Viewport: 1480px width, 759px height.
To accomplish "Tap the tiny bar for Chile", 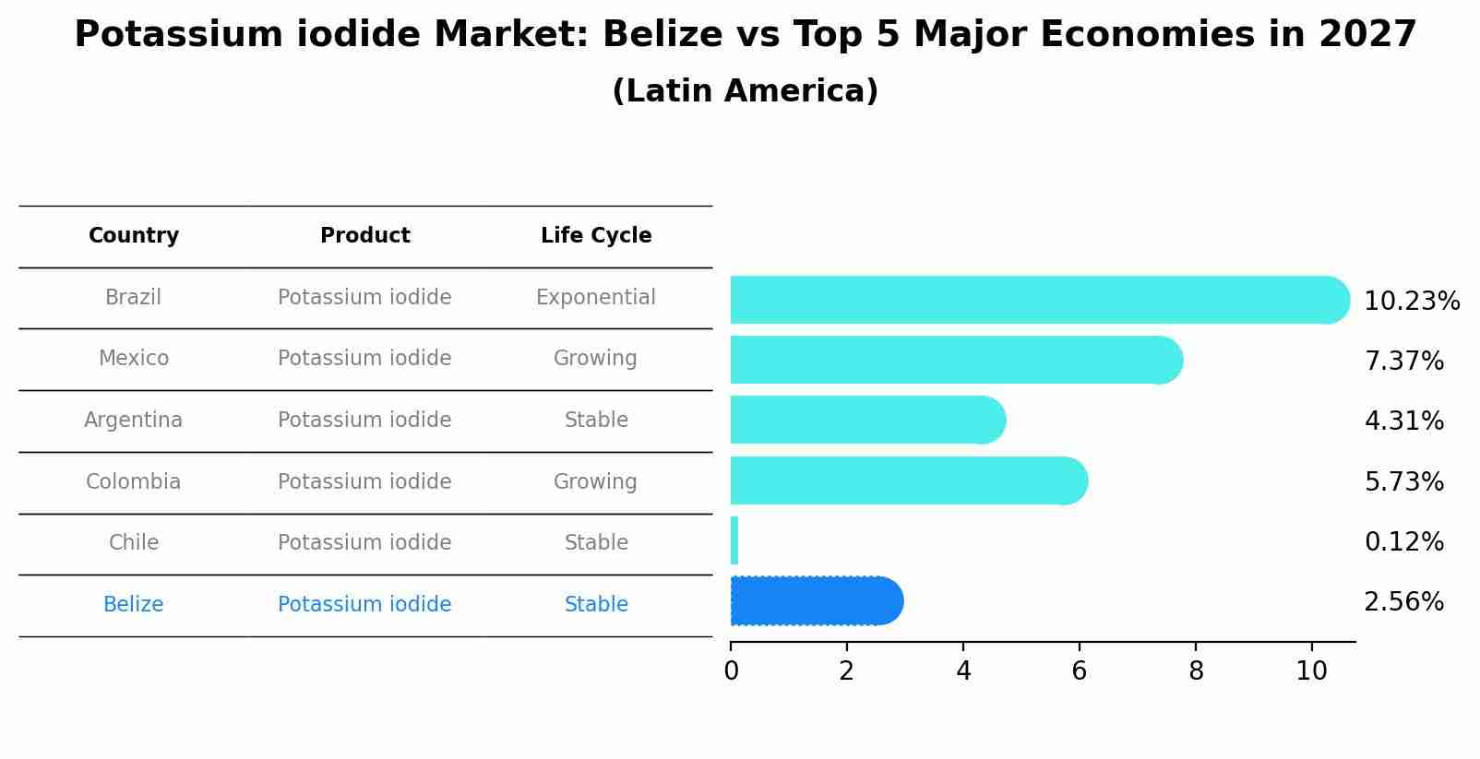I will (734, 541).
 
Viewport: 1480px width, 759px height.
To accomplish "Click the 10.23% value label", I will (1411, 302).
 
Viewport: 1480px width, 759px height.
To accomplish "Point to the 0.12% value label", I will (1403, 542).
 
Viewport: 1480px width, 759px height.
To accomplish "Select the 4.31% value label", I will (1403, 421).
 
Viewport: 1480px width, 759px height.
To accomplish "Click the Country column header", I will (134, 236).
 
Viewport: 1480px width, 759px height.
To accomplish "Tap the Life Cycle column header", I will (596, 236).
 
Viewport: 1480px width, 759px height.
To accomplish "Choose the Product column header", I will (364, 236).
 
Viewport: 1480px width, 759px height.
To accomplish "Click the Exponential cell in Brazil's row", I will (596, 298).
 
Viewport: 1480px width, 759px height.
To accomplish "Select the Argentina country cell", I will (134, 421).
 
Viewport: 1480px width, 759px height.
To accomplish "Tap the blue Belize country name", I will (134, 605).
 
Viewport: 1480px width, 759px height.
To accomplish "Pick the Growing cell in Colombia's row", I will (596, 482).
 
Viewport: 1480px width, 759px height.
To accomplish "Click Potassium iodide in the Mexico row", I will (364, 359).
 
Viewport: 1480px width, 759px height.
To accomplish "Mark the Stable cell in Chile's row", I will (596, 543).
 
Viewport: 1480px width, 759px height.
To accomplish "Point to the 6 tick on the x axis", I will (1079, 671).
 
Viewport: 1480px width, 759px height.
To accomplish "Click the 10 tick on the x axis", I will (1311, 671).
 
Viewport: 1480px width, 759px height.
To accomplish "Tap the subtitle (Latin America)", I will (745, 91).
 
